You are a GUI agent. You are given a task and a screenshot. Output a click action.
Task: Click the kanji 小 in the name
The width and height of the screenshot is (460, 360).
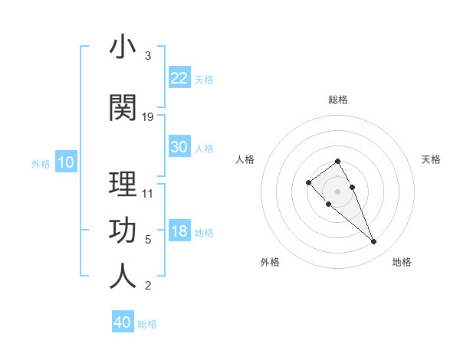123,47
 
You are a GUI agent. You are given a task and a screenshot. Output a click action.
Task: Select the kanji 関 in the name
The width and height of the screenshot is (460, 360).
123,108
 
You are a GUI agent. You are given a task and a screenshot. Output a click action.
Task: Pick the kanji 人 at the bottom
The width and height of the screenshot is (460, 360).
123,276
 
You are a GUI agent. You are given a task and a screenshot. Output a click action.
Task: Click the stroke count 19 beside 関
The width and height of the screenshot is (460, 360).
148,117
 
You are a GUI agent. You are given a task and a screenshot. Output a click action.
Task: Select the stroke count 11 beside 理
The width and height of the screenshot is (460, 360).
148,193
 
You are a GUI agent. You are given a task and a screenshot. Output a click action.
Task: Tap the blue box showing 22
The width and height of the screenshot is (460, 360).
179,78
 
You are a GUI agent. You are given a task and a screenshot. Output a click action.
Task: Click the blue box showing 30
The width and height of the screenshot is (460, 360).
179,147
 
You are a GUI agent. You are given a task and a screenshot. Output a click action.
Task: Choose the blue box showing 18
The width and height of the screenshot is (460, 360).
179,231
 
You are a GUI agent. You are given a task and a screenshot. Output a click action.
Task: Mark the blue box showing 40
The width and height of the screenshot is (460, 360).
123,322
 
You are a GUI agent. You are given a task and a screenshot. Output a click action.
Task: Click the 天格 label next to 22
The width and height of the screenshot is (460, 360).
204,80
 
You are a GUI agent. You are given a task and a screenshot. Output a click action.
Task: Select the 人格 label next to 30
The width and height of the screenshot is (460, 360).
204,149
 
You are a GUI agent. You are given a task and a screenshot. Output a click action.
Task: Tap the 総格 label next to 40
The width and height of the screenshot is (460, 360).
147,324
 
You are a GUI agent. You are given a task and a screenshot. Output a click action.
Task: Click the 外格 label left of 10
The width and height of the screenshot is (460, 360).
41,163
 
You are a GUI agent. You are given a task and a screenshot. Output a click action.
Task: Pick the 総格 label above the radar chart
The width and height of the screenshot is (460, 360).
337,100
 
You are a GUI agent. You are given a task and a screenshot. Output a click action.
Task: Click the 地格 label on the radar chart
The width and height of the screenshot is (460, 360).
402,262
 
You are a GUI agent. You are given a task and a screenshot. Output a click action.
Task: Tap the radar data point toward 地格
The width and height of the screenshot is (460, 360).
373,242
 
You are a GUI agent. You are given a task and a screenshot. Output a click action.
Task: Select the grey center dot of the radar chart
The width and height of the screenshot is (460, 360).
337,191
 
